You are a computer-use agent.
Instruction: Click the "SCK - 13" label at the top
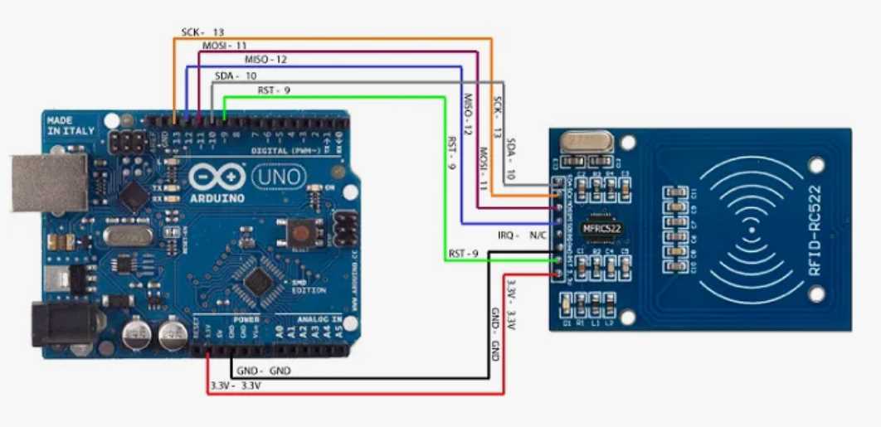point(203,32)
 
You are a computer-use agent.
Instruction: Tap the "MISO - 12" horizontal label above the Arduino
point(266,60)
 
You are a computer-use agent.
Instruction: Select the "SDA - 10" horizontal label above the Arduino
point(236,75)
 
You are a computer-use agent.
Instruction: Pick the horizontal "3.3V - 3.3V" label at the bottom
point(236,386)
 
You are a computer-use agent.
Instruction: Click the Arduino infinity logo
point(217,177)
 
